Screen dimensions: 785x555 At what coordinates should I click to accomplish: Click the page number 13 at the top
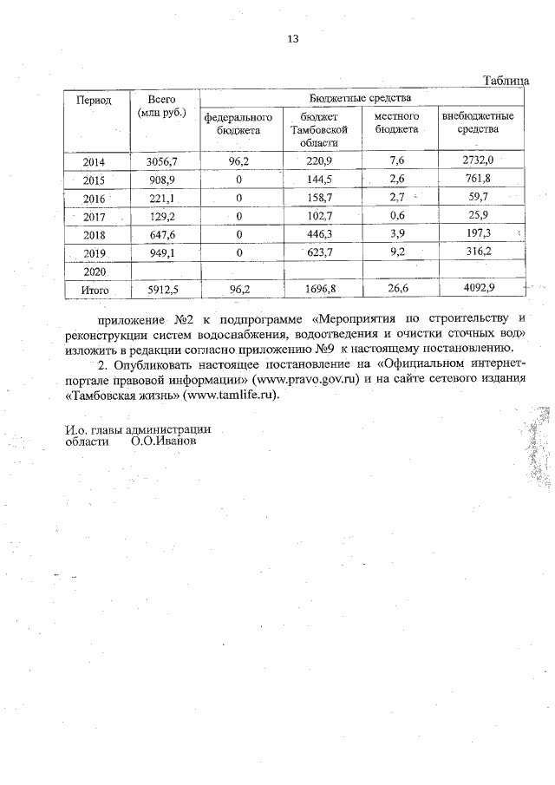[x=292, y=40]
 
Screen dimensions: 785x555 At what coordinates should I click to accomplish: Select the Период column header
[x=94, y=101]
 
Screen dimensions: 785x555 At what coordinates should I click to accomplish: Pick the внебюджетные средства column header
[x=478, y=122]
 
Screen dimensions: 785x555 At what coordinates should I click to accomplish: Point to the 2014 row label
[x=94, y=162]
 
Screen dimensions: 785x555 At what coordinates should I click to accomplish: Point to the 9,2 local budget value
[x=397, y=252]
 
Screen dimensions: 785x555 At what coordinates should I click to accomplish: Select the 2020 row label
[x=94, y=271]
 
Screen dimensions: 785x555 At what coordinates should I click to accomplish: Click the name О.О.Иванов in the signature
[x=164, y=441]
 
